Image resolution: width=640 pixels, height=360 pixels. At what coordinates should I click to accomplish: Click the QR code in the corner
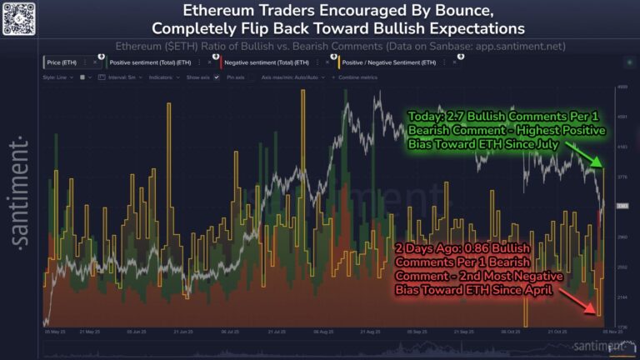(x=20, y=18)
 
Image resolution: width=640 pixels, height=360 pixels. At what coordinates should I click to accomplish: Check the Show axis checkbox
(x=216, y=77)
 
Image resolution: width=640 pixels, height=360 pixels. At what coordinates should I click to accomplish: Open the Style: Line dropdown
(x=58, y=77)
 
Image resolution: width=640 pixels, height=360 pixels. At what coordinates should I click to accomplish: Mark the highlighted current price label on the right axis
(x=622, y=206)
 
